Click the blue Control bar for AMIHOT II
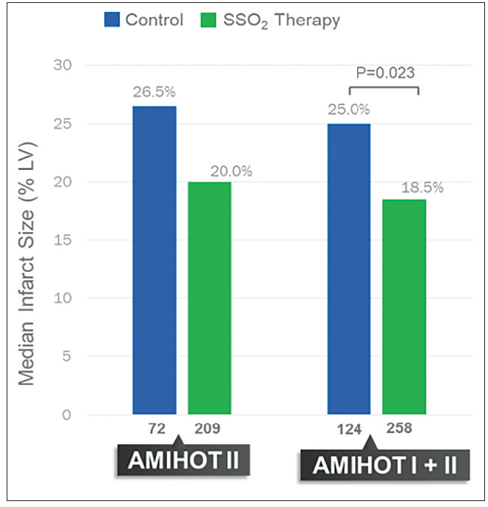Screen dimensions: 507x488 click(155, 260)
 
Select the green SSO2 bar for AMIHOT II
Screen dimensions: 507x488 click(209, 298)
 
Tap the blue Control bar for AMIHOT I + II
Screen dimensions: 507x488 click(349, 269)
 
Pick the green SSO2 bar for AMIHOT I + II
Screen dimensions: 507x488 click(404, 307)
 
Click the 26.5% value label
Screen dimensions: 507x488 click(154, 95)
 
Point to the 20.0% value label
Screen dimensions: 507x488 click(231, 171)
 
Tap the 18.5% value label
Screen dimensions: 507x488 click(422, 188)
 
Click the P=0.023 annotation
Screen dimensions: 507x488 click(384, 73)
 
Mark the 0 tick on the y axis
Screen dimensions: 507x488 click(66, 415)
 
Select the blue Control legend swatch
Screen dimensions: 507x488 click(112, 20)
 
